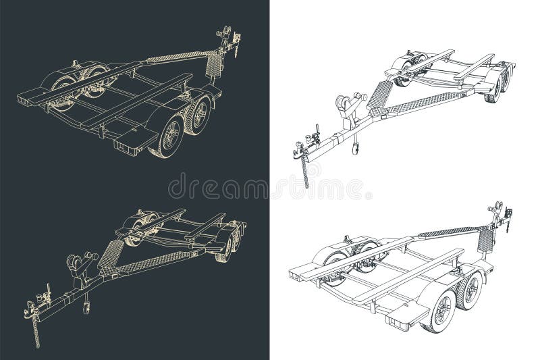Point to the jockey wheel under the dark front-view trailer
tap(87, 307)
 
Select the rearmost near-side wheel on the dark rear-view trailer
tap(166, 139)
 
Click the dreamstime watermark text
tap(270, 186)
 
